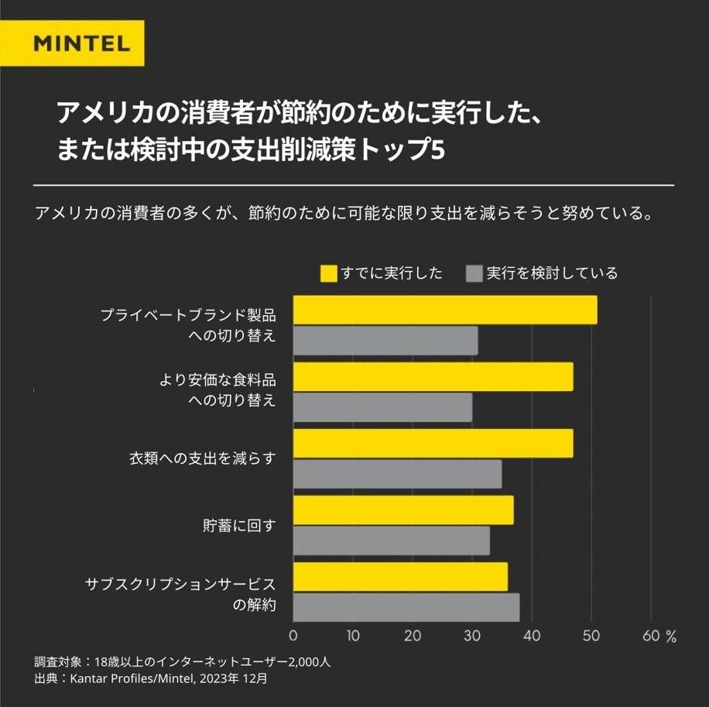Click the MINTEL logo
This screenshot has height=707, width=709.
pos(82,43)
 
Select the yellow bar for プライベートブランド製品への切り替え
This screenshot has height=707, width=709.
pos(445,310)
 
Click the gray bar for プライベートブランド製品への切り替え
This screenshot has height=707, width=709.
pos(385,341)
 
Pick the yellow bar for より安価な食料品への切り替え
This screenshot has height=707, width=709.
pos(433,376)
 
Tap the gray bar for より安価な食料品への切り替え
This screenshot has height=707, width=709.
pos(382,407)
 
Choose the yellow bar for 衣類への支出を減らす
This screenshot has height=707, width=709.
pos(433,443)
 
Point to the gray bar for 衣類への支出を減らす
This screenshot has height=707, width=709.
pos(397,474)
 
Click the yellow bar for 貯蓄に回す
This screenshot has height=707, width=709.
pos(403,510)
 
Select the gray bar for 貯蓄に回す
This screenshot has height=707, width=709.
pos(392,541)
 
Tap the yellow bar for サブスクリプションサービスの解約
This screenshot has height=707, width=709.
pos(400,576)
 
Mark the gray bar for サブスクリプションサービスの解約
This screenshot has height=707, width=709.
pos(406,607)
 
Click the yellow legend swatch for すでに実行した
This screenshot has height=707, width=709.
pos(329,273)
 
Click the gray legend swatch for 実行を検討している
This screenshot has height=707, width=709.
pos(474,273)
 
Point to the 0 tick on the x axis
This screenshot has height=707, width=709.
pos(293,637)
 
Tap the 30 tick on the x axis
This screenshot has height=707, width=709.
pos(472,637)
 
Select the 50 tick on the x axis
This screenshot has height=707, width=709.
pos(591,637)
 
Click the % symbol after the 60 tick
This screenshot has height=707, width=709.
pos(670,637)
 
